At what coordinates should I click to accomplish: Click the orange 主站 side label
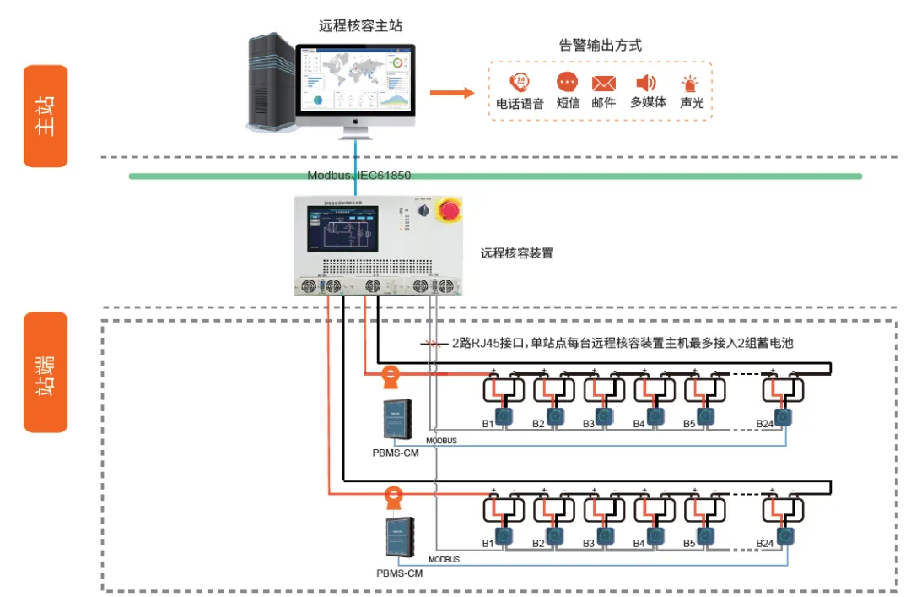[46, 116]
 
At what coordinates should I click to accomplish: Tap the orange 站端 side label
[46, 372]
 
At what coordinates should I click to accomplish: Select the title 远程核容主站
[360, 26]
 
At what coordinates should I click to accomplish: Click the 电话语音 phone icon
[520, 83]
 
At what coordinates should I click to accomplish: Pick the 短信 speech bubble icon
[568, 82]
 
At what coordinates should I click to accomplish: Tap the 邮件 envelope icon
[603, 83]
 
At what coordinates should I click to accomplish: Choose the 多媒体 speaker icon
[646, 82]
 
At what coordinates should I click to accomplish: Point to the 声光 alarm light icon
[692, 84]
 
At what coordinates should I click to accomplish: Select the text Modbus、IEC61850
[358, 176]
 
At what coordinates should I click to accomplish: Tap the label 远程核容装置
[516, 252]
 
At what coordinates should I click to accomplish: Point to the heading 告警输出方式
[600, 46]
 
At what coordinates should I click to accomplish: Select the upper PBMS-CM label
[396, 453]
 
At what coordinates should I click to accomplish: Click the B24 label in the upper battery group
[765, 423]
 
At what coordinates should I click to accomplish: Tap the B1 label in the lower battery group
[488, 543]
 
